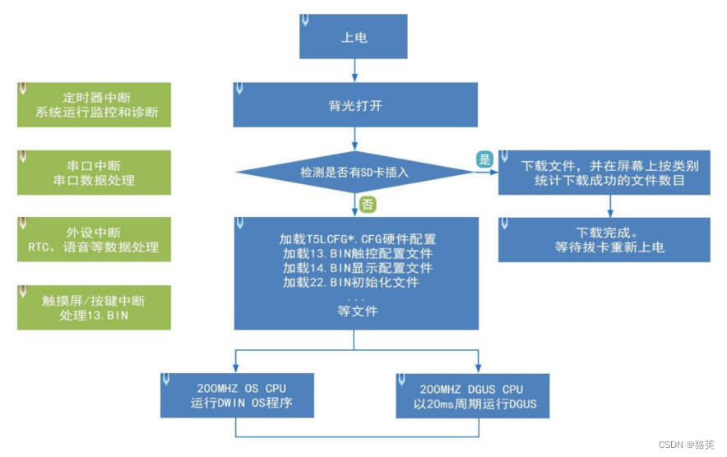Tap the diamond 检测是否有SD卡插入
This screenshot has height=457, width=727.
pos(355,173)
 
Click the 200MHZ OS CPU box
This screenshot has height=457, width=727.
pos(236,396)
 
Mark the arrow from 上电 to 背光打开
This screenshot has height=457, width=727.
pos(355,72)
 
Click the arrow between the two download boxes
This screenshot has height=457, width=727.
pos(609,206)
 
